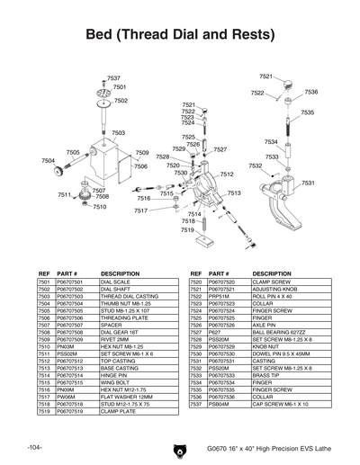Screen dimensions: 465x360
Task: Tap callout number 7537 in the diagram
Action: pos(113,79)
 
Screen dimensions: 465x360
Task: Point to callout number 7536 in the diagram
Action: pos(310,93)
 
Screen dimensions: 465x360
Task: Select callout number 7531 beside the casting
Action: pos(307,183)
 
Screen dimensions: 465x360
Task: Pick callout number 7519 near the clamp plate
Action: pos(186,230)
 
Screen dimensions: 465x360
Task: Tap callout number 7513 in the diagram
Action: pos(233,193)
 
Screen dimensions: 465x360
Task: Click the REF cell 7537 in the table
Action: pos(195,402)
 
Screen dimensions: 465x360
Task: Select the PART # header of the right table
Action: pos(220,273)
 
